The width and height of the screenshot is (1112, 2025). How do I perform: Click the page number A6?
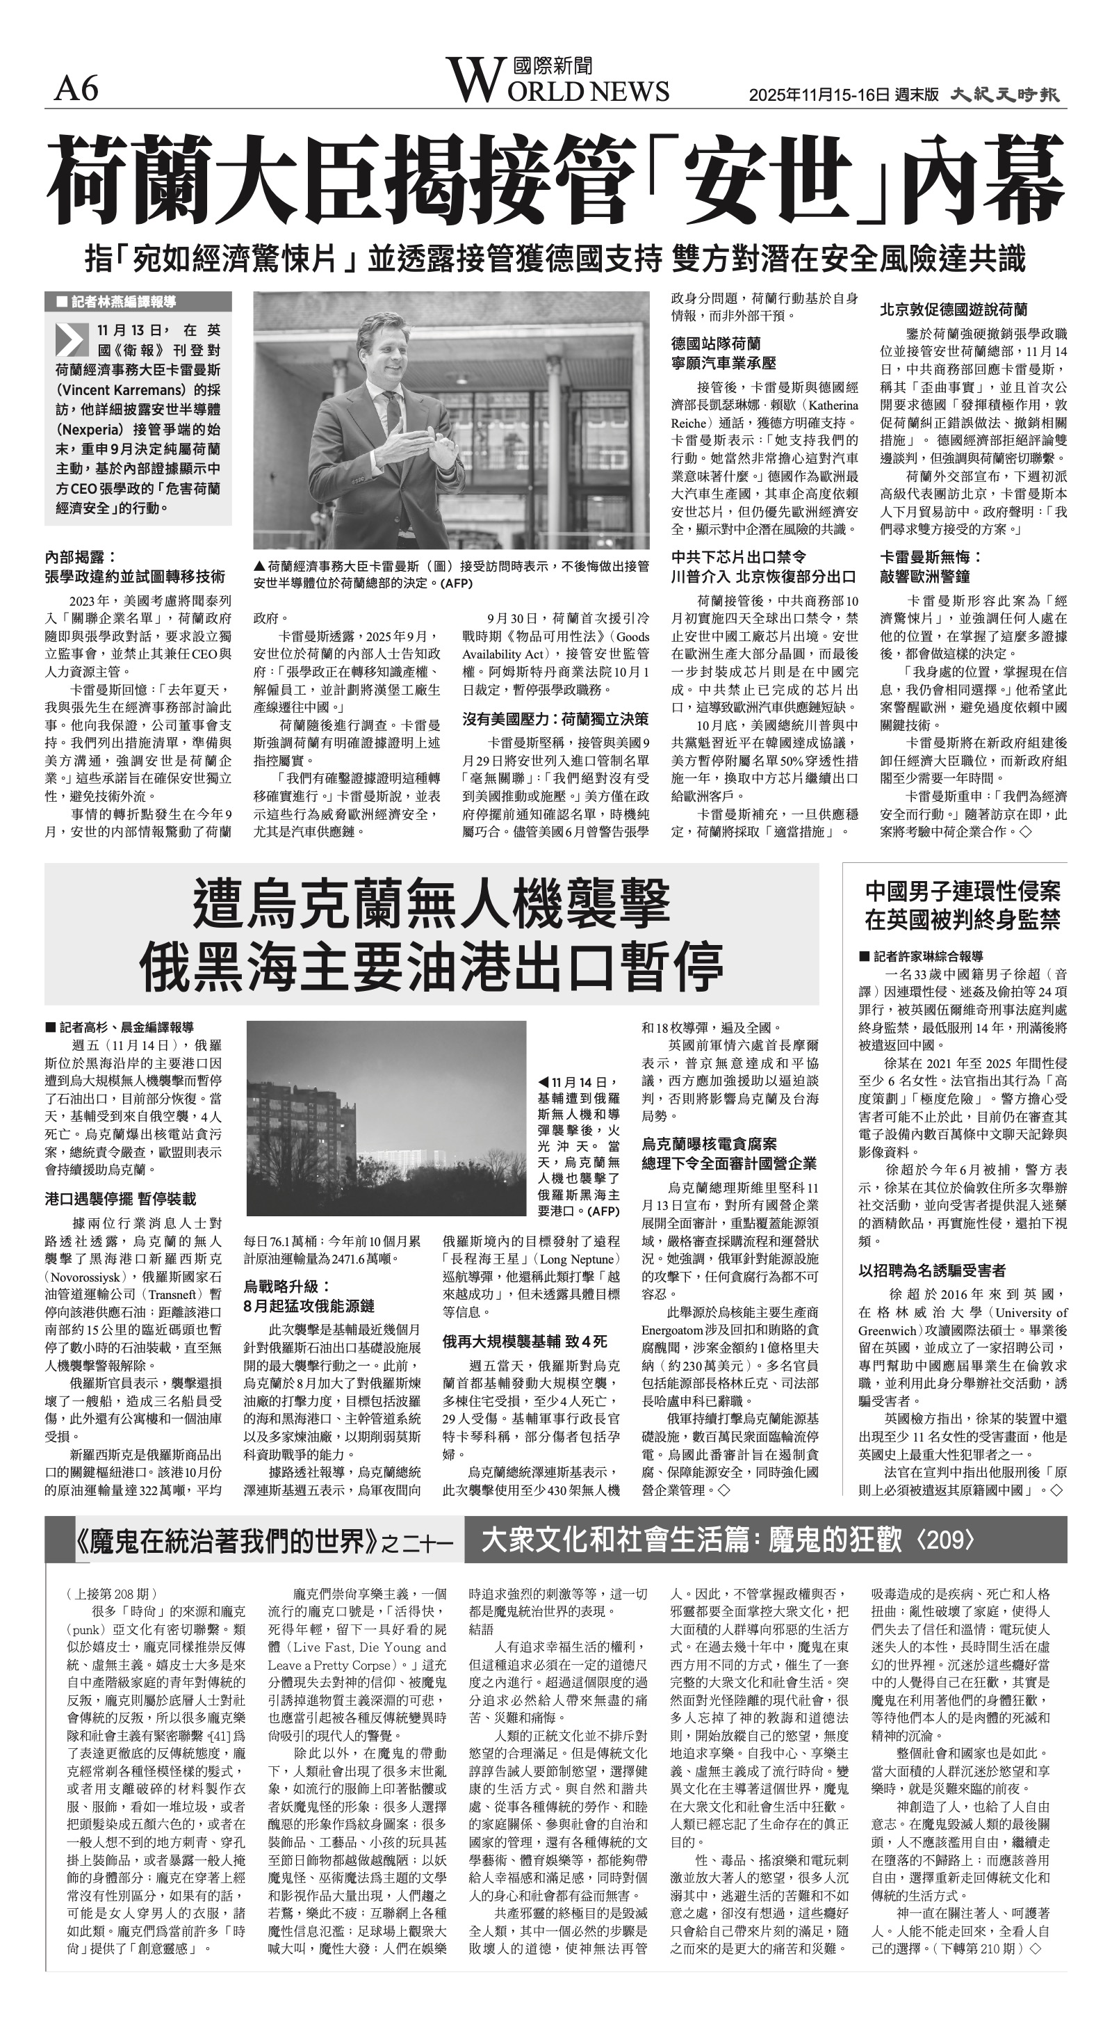76,90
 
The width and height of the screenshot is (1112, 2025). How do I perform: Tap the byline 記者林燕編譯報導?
122,302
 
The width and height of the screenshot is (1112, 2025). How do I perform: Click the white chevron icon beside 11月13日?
72,339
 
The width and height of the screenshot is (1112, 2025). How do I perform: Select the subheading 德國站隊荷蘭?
716,344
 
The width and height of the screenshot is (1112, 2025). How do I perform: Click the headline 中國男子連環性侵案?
963,892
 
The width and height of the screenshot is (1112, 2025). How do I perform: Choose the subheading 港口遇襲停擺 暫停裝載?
120,1199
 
